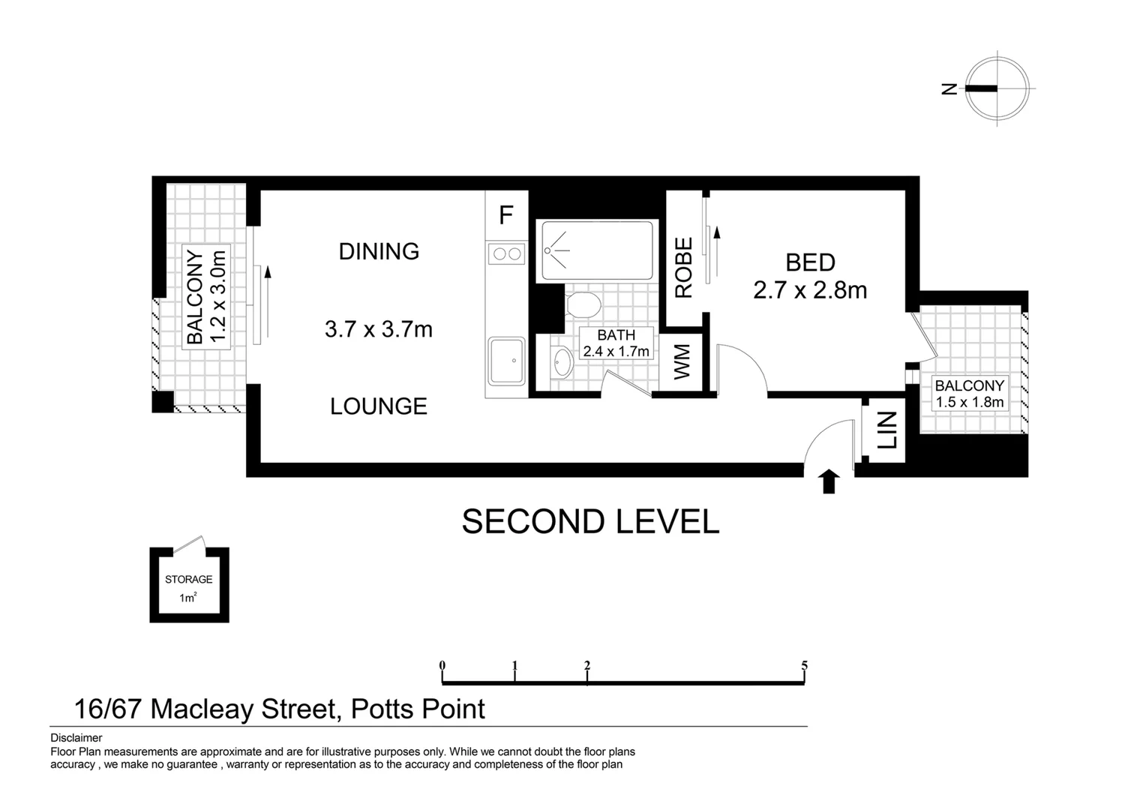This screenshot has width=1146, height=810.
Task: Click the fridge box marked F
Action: (506, 215)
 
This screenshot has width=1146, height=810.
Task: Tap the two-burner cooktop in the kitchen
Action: (506, 254)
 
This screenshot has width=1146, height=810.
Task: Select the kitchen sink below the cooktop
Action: (507, 361)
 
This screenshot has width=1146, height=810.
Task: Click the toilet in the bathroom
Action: (583, 305)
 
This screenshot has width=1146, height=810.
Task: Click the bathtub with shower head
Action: (597, 250)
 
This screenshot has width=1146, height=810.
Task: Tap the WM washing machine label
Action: (681, 362)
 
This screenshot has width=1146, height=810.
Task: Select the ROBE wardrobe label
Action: (683, 268)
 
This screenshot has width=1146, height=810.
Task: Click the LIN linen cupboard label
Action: (887, 430)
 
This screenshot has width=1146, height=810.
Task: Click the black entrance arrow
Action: (828, 481)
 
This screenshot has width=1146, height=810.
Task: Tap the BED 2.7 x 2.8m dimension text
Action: (810, 276)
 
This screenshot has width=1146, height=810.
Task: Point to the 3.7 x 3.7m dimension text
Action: (379, 328)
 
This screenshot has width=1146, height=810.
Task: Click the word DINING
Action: (379, 251)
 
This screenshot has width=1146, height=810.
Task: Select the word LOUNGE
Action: (379, 406)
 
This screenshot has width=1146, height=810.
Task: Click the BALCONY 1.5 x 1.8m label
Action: (969, 394)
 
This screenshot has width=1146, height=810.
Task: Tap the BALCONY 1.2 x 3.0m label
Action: (205, 296)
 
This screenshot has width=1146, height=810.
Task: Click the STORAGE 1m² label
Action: (188, 588)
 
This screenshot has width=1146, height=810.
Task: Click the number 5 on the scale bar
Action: (804, 665)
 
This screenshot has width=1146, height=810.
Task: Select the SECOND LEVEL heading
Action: (590, 522)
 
